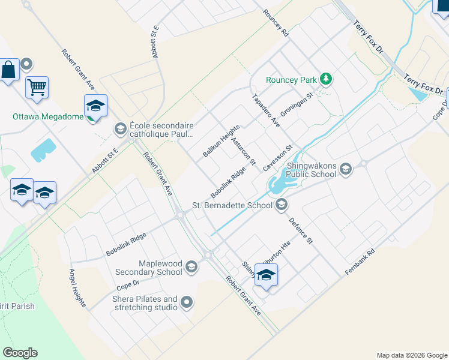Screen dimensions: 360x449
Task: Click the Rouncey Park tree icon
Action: pos(326,79)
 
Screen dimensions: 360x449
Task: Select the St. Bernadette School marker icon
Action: pos(281,206)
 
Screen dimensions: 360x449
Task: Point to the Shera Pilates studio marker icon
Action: pos(187,303)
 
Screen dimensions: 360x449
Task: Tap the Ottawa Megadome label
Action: pos(48,116)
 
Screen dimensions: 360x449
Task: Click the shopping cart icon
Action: pos(37,88)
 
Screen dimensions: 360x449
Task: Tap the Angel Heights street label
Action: pos(77,287)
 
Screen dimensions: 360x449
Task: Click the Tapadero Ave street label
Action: pos(266,110)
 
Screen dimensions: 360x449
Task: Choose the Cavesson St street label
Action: pos(280,157)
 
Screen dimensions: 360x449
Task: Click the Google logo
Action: pos(20,353)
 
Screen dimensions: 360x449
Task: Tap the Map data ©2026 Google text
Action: pos(411,355)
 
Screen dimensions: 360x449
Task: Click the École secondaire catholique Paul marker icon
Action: pos(119,129)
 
